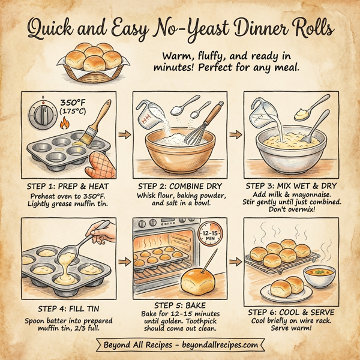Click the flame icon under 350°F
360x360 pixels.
click(65, 125)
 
